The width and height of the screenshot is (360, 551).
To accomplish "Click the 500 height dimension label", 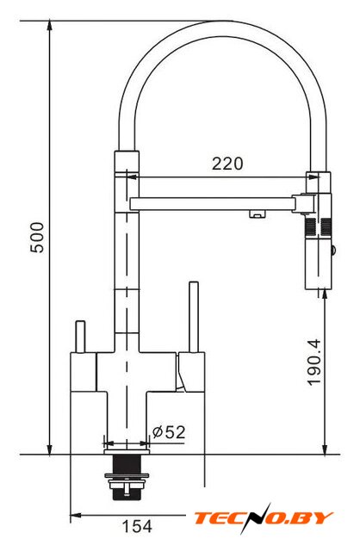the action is [x=37, y=238].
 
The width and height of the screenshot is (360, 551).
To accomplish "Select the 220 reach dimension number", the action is [x=227, y=164].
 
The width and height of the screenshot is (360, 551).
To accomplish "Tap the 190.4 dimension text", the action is [x=314, y=362].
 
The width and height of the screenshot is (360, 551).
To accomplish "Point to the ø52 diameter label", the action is [x=169, y=432].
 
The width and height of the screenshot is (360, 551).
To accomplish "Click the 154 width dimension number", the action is [x=137, y=526].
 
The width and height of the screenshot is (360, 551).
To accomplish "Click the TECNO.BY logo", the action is [x=264, y=517].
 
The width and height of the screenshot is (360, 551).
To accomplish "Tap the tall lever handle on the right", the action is [x=194, y=317].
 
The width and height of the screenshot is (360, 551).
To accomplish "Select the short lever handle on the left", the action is [x=80, y=337].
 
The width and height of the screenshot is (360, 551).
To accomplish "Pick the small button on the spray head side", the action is [x=332, y=251].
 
